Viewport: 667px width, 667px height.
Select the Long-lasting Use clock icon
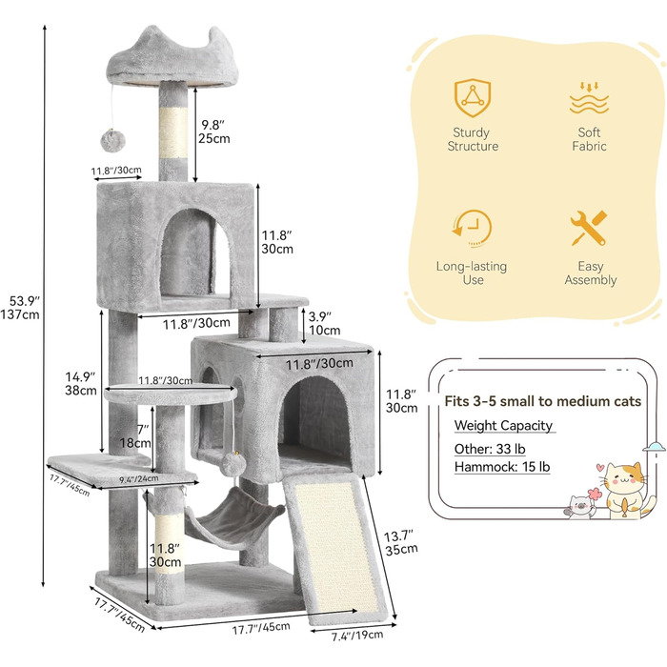(474, 230)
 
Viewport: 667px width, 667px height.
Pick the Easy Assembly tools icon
(590, 230)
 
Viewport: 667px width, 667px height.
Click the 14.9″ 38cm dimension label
(81, 381)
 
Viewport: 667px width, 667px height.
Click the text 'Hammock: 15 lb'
(501, 467)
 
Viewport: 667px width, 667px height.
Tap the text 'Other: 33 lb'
(490, 447)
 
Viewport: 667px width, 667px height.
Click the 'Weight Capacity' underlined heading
(503, 425)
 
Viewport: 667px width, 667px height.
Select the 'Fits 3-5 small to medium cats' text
(543, 401)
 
